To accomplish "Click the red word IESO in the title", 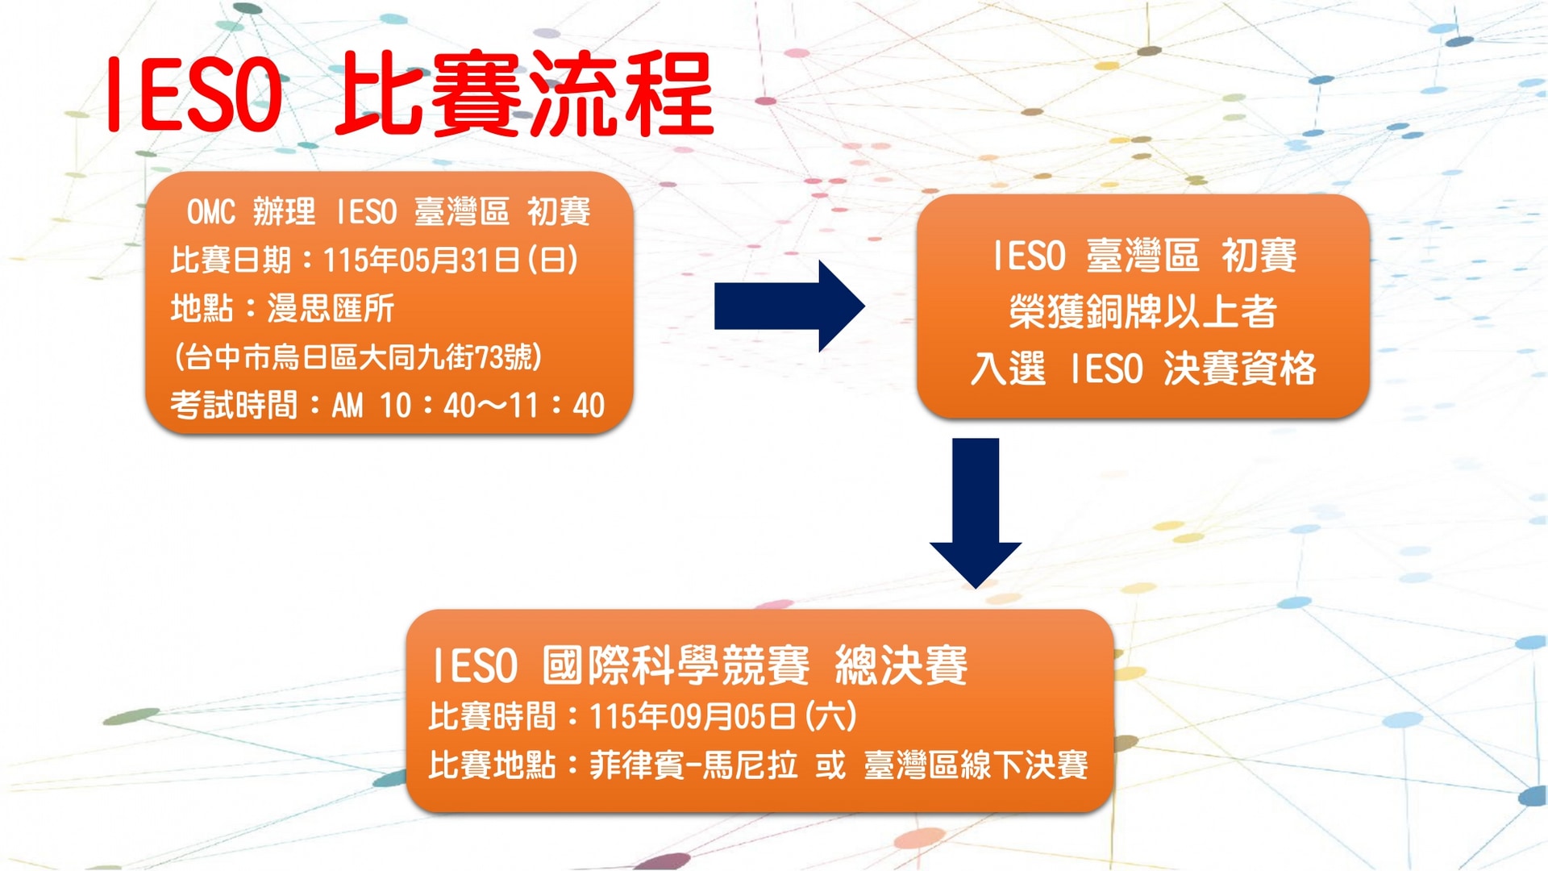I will click(x=194, y=95).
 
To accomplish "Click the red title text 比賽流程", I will click(x=525, y=95).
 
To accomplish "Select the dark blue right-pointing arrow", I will click(x=789, y=306).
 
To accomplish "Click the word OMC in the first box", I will click(x=211, y=212).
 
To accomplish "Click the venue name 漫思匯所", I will click(x=331, y=309).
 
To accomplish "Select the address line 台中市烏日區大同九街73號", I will click(x=358, y=356).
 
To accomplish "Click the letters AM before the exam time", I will click(x=347, y=406).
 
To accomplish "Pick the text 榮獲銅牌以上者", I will click(x=1142, y=312).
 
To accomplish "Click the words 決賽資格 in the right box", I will click(x=1239, y=369).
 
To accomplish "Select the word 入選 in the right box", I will click(x=1008, y=369).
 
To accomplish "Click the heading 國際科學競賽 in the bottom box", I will click(x=676, y=666).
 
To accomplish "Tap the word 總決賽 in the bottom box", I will click(x=901, y=666).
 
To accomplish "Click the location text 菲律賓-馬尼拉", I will click(x=693, y=765).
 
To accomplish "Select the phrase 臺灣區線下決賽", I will click(x=976, y=765).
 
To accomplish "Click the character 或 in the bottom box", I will click(x=830, y=765).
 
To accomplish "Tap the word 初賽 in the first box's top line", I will click(x=559, y=212).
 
